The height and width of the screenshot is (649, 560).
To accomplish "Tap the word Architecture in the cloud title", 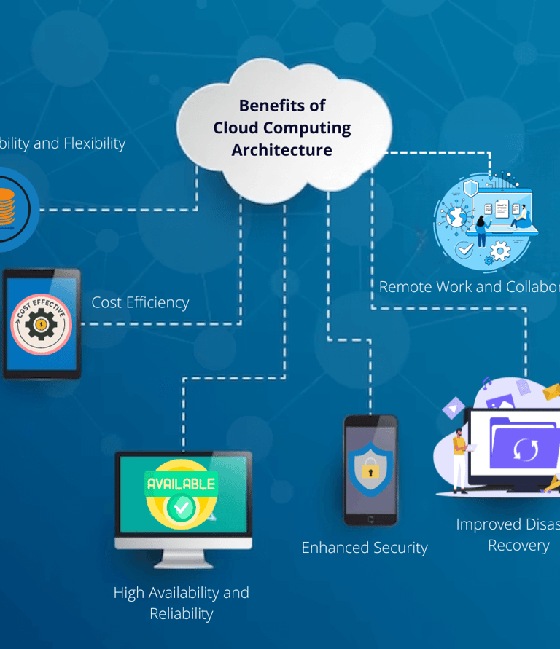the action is point(282,150).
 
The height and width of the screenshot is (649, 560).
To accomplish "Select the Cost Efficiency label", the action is point(140,302).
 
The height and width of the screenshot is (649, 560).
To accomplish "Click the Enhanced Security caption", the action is point(365,548).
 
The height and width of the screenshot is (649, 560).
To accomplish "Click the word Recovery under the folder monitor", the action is point(518,546).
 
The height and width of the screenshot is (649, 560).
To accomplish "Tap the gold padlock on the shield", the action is point(370,468).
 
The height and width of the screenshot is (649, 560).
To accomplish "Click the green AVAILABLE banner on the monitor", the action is point(181,484).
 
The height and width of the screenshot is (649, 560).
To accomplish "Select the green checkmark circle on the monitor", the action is point(181,508).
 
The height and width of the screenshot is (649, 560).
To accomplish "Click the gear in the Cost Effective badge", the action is point(42,324).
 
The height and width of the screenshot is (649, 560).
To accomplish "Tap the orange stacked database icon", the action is point(6,208).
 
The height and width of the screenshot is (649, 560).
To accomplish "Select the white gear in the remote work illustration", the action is point(500,252).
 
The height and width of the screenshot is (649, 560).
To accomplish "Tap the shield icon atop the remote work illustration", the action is point(470,189).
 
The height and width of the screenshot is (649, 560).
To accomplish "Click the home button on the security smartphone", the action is point(370,519).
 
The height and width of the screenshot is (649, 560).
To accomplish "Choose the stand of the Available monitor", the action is point(182,556).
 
